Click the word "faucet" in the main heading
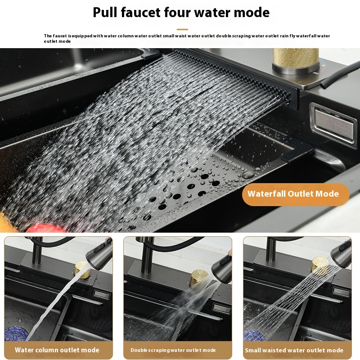[x=141, y=12]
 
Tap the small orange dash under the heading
[x=182, y=29]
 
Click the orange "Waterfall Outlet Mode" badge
[x=296, y=194]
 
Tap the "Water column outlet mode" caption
[x=57, y=350]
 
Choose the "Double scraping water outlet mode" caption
[x=173, y=350]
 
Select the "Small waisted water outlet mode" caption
[x=294, y=350]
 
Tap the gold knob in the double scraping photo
[x=198, y=277]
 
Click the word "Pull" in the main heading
[x=105, y=12]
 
